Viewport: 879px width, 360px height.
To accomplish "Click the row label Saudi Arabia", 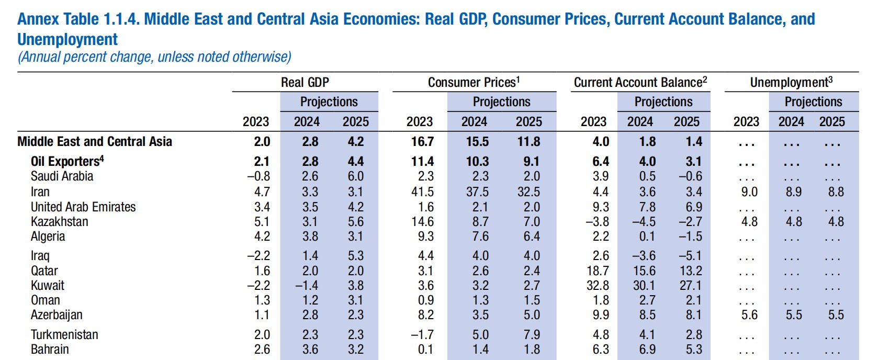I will (62, 176).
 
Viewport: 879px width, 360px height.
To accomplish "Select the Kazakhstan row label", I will (59, 222).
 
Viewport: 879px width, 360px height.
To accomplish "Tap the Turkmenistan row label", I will (64, 335).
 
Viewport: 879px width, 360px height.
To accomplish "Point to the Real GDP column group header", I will (305, 83).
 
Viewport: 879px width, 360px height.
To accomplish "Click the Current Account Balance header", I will (640, 83).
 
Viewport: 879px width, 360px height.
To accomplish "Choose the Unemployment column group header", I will (791, 83).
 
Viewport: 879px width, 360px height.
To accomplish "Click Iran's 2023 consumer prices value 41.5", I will (422, 192).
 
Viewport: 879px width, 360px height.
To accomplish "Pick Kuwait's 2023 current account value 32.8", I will (598, 286).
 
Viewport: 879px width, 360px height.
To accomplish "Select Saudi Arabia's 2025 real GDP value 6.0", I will (356, 176).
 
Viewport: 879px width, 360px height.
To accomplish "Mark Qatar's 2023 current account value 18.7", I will (598, 271).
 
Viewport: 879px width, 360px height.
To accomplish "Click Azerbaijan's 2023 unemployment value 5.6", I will (749, 315).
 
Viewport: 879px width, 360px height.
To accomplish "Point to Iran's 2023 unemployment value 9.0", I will (749, 192).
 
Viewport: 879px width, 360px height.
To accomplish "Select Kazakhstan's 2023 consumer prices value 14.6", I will (422, 222).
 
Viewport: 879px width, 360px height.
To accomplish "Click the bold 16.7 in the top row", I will (422, 142).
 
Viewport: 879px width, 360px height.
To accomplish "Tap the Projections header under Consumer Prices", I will (501, 102).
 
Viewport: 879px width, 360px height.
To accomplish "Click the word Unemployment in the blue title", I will (67, 40).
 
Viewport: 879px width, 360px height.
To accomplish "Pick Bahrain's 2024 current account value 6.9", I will (647, 350).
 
